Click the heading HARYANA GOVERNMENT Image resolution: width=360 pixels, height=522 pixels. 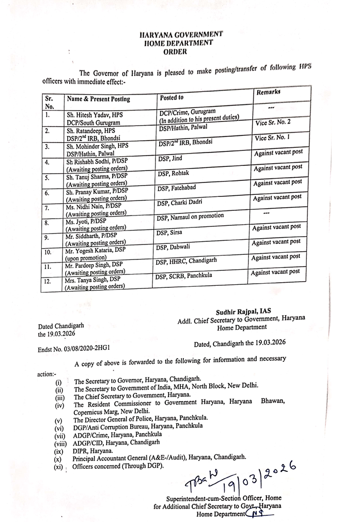pyautogui.click(x=181, y=34)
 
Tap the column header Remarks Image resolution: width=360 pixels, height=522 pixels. pyautogui.click(x=268, y=92)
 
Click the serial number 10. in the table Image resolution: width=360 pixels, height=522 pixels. pyautogui.click(x=48, y=253)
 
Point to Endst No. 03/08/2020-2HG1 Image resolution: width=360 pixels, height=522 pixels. pyautogui.click(x=74, y=349)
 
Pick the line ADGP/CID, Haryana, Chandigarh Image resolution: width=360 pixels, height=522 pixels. pyautogui.click(x=117, y=442)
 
